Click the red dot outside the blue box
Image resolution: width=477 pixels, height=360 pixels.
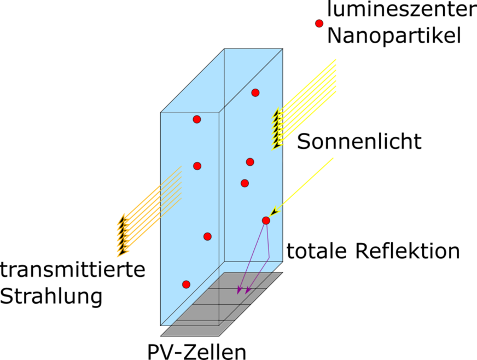pos(319,24)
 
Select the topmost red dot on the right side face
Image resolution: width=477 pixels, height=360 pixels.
pos(255,92)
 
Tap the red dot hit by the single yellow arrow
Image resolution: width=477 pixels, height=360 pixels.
pos(266,220)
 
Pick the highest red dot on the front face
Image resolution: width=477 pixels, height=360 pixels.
pos(197,119)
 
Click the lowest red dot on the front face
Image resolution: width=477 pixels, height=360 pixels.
pos(186,284)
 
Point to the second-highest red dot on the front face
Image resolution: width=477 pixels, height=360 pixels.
pos(197,166)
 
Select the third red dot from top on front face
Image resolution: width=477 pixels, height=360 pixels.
pos(207,236)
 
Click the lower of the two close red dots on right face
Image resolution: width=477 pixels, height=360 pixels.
pos(245,183)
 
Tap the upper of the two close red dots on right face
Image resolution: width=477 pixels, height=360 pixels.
pos(250,162)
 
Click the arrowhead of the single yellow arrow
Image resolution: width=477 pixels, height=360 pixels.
pos(274,212)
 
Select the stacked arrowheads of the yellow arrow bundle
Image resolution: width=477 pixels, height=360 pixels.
pos(278,129)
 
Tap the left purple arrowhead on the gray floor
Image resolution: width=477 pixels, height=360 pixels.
pos(239,291)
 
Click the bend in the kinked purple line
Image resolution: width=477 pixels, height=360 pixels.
pos(269,258)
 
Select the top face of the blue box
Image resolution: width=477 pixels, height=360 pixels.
pos(222,80)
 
